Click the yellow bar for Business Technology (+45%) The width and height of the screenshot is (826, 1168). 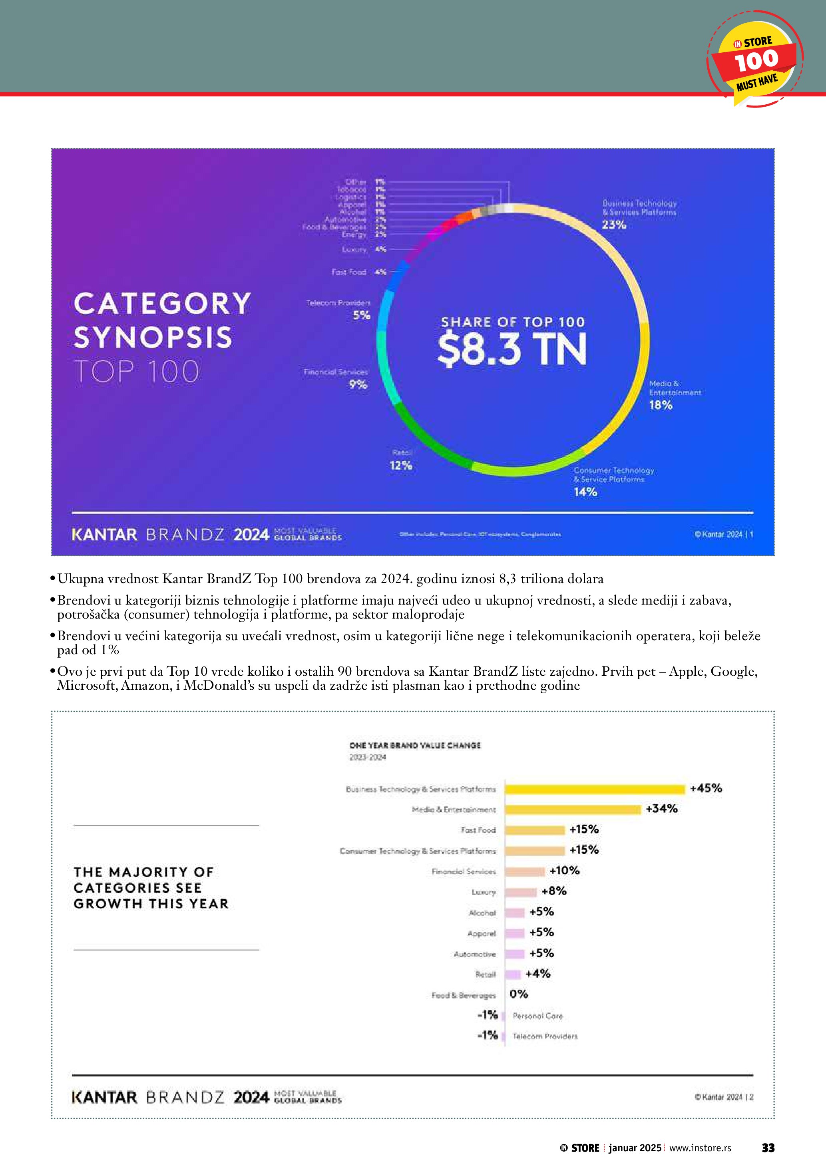tap(595, 790)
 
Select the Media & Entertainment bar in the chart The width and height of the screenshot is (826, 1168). tap(573, 810)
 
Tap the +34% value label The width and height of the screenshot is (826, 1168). tap(662, 809)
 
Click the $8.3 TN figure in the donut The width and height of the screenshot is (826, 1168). tap(512, 350)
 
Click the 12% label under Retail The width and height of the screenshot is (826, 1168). tap(401, 465)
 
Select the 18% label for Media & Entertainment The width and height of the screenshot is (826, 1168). tap(661, 405)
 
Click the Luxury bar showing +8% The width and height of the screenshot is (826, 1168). tap(521, 892)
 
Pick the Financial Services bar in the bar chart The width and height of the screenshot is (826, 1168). tap(525, 872)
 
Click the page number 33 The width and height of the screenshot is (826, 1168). tap(768, 1148)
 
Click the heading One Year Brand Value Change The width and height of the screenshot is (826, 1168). tap(414, 745)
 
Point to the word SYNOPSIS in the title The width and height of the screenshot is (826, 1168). tap(153, 338)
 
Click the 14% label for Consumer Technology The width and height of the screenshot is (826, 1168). tap(585, 492)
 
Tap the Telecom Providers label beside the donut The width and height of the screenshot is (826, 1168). tap(338, 303)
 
